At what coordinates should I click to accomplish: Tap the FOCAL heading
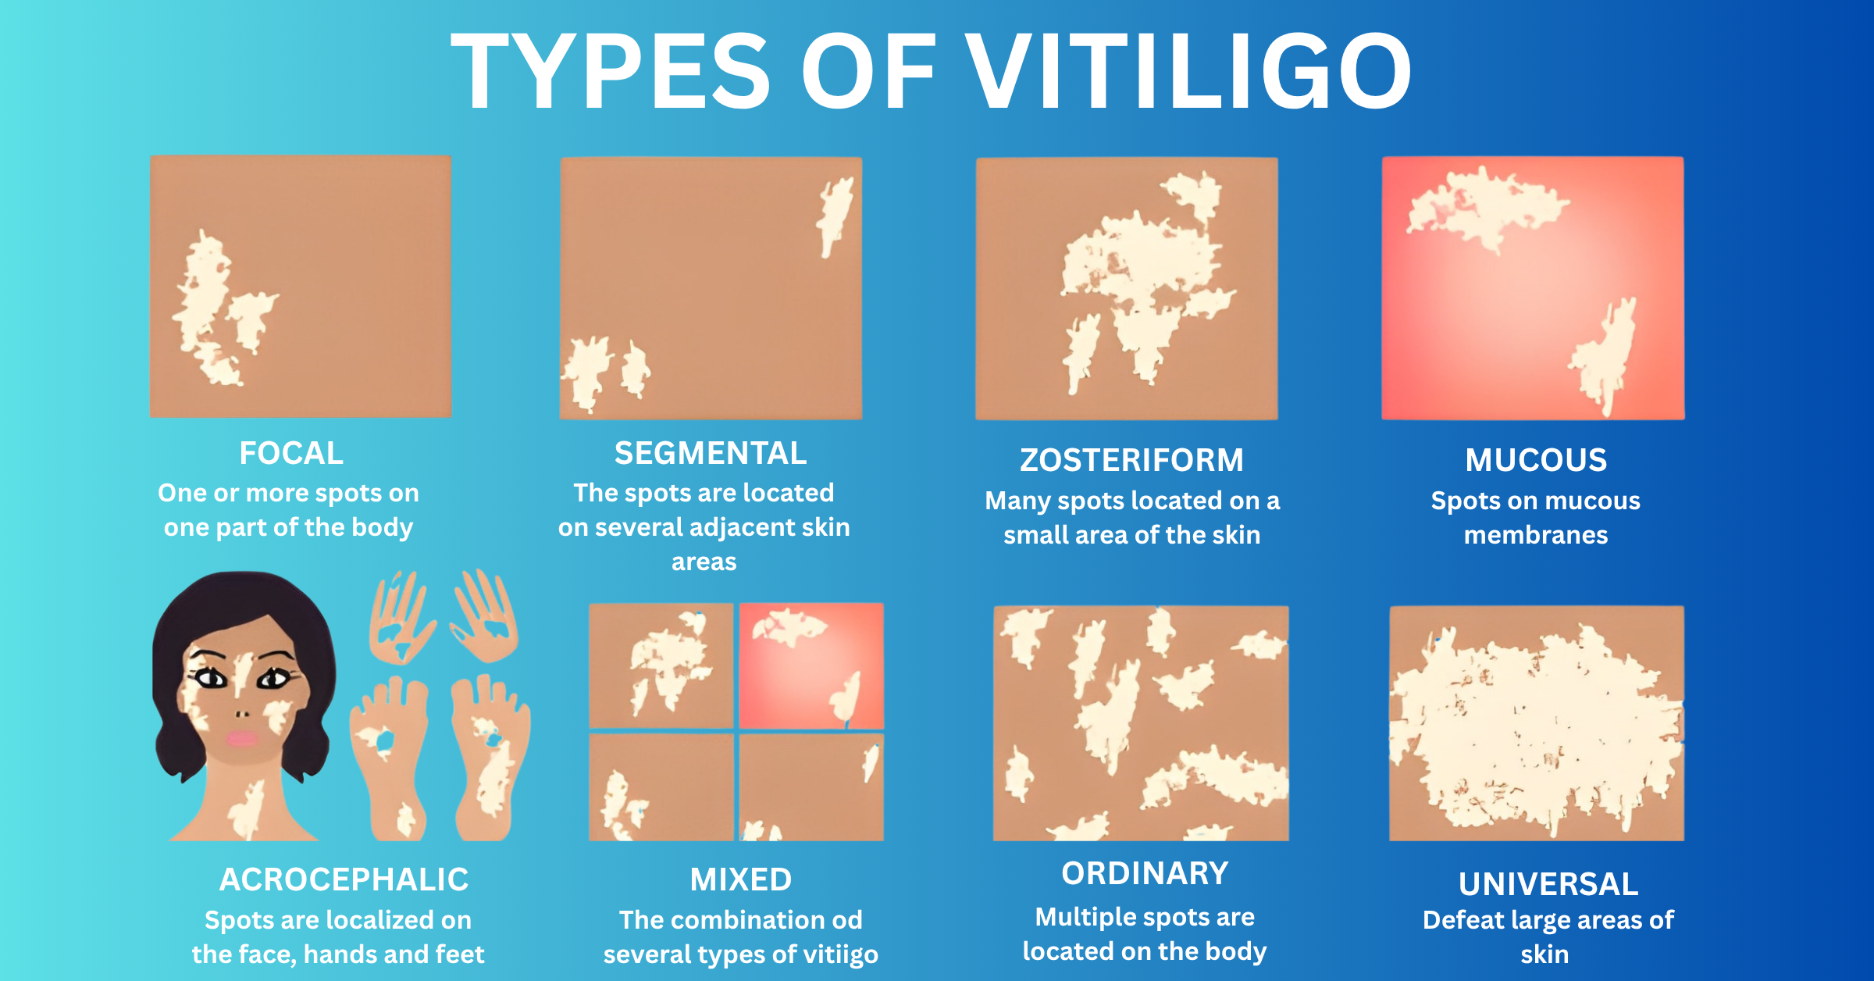click(291, 453)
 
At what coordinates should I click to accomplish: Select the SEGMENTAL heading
click(711, 453)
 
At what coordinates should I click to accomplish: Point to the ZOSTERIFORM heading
click(1131, 460)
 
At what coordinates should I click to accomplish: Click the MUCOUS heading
click(1536, 460)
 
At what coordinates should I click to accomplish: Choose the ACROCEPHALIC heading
click(344, 879)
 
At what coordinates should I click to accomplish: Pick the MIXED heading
click(740, 879)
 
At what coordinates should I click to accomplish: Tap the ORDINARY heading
click(1145, 873)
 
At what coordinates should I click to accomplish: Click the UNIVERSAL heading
click(1548, 884)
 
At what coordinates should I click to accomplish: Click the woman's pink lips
click(242, 738)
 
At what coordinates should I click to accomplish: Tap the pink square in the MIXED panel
click(811, 665)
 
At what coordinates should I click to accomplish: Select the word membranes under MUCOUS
click(1536, 535)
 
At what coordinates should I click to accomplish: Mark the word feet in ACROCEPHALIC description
click(460, 954)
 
